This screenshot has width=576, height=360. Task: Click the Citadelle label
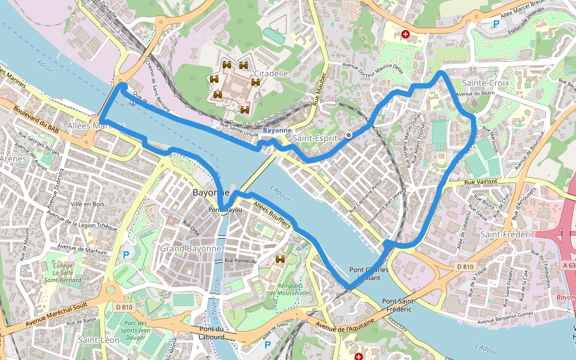pyautogui.click(x=271, y=74)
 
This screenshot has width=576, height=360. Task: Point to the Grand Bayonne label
pyautogui.click(x=190, y=248)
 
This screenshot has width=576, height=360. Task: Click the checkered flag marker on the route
pyautogui.click(x=349, y=134)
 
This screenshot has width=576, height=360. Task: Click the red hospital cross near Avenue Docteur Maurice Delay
pyautogui.click(x=406, y=35)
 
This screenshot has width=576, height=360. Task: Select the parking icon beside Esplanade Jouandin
pyautogui.click(x=496, y=24)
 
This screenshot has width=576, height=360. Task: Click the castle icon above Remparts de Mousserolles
pyautogui.click(x=280, y=259)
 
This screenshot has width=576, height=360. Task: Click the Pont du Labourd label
pyautogui.click(x=212, y=333)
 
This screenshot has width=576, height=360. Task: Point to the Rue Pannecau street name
pyautogui.click(x=240, y=260)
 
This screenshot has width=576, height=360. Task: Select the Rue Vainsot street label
pyautogui.click(x=482, y=182)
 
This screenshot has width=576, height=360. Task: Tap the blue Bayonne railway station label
pyautogui.click(x=277, y=130)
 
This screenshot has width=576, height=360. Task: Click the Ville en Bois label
pyautogui.click(x=88, y=204)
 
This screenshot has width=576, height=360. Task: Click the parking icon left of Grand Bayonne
pyautogui.click(x=126, y=255)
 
